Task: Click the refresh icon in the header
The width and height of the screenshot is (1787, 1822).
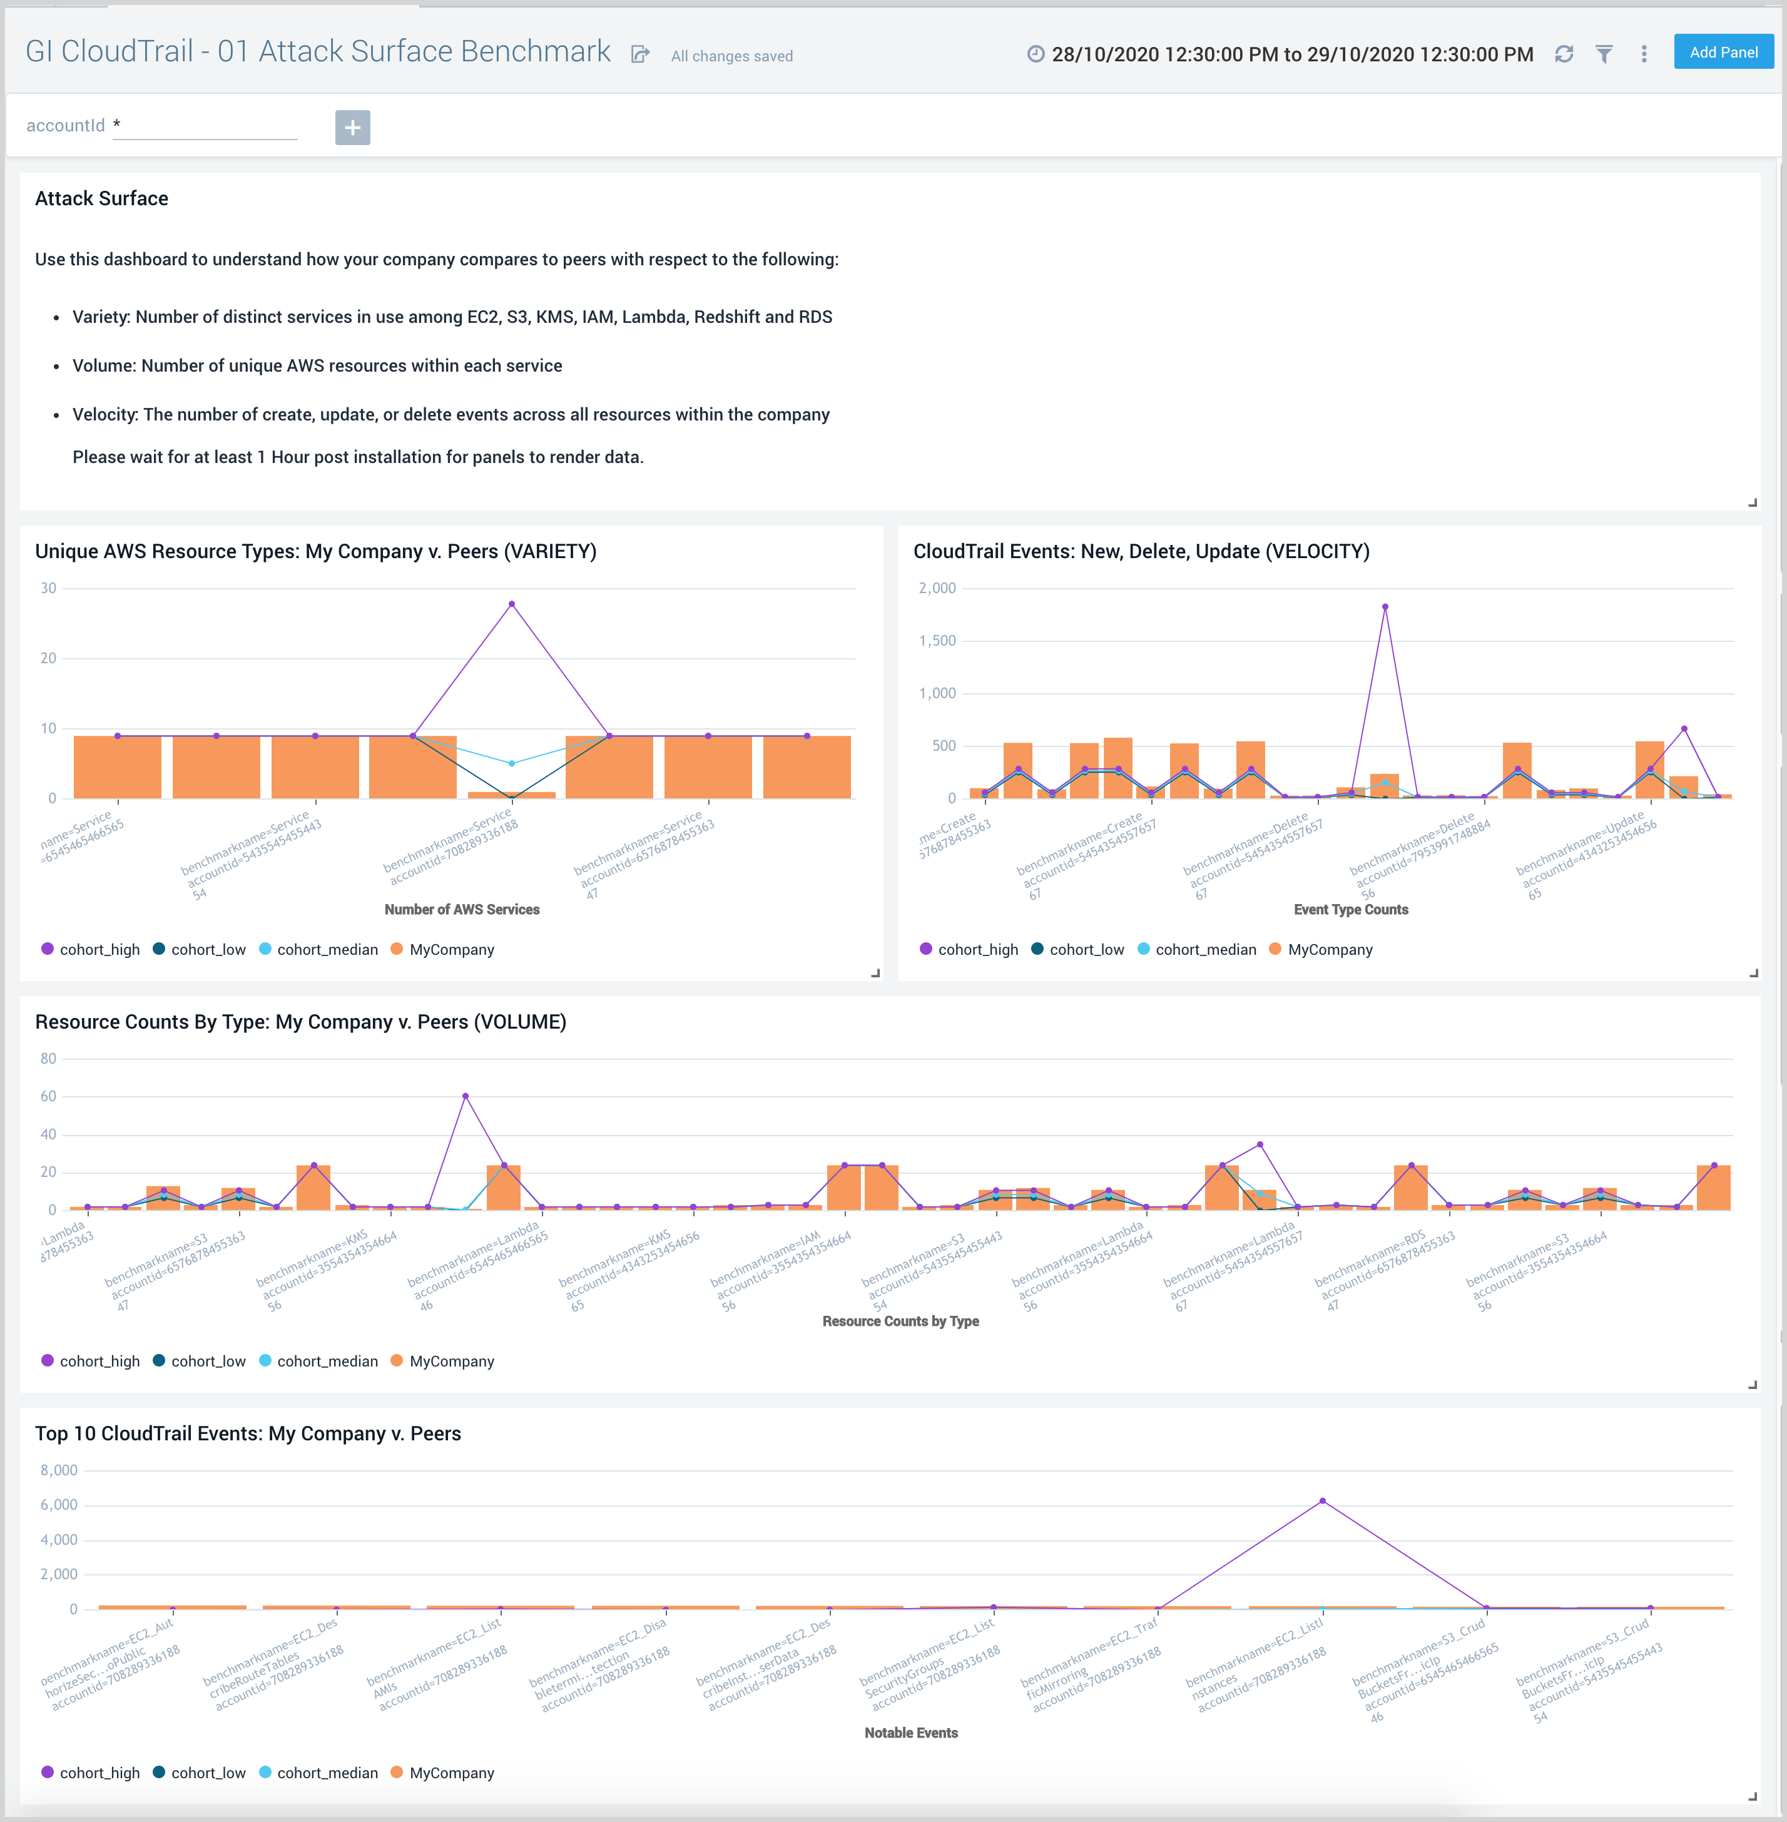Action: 1564,54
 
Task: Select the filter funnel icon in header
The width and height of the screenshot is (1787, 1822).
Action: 1604,54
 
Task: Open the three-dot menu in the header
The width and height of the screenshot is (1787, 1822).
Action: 1643,54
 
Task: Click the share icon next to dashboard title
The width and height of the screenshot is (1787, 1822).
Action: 640,54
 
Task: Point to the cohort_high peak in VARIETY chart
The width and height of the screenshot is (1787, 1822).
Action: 512,604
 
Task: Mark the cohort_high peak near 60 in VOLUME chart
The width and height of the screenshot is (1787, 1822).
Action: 466,1096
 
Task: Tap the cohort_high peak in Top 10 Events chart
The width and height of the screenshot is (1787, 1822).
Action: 1323,1502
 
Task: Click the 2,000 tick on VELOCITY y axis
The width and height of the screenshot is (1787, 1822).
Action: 937,589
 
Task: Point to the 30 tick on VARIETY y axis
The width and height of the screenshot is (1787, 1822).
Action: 48,589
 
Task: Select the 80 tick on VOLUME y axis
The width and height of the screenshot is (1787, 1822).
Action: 48,1059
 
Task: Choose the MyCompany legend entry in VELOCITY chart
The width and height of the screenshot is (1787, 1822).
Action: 1329,950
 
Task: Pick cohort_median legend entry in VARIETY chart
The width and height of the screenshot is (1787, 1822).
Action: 327,950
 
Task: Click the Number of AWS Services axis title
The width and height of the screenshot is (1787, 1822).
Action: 462,910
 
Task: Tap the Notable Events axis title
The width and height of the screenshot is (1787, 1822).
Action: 910,1733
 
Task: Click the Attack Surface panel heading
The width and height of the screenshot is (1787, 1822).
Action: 101,199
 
